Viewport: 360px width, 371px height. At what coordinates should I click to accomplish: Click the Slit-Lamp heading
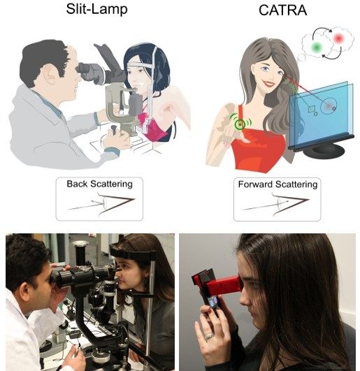click(96, 10)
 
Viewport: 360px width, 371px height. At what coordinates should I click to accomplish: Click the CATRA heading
click(283, 10)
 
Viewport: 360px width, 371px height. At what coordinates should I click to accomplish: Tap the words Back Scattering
click(99, 184)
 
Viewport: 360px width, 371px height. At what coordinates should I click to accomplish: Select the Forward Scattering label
click(278, 184)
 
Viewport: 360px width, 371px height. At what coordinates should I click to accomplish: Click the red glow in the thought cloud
click(338, 38)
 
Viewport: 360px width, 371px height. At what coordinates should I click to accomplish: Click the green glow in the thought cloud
click(317, 48)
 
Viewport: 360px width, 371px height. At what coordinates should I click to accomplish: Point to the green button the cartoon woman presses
click(240, 124)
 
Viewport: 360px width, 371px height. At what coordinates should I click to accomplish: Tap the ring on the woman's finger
click(209, 336)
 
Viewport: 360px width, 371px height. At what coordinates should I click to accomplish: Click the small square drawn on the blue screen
click(312, 109)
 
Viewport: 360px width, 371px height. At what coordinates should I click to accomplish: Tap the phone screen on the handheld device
click(214, 302)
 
